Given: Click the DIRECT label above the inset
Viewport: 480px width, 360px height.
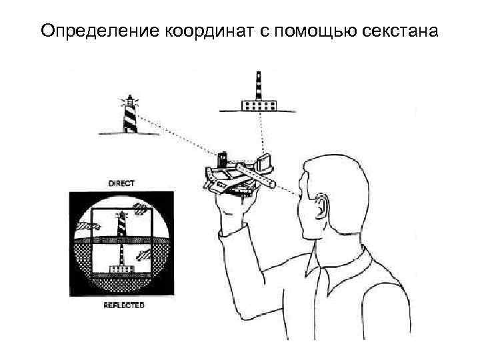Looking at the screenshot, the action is pyautogui.click(x=121, y=184).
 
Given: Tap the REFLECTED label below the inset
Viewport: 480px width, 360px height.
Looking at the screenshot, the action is pyautogui.click(x=124, y=305).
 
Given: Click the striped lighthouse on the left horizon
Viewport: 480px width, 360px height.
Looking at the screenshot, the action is pyautogui.click(x=130, y=115).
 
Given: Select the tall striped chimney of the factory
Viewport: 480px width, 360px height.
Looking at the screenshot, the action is pyautogui.click(x=259, y=86).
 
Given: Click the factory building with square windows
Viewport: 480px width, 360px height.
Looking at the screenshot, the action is pyautogui.click(x=259, y=105).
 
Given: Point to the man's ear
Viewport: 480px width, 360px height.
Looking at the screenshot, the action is pyautogui.click(x=319, y=206).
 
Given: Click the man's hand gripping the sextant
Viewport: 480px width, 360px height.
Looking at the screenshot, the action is pyautogui.click(x=233, y=207).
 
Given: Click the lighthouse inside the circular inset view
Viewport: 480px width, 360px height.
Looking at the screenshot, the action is pyautogui.click(x=122, y=223).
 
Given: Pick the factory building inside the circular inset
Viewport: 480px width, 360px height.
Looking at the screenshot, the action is pyautogui.click(x=122, y=269).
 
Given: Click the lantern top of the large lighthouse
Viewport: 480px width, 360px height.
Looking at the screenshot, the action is pyautogui.click(x=130, y=100).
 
